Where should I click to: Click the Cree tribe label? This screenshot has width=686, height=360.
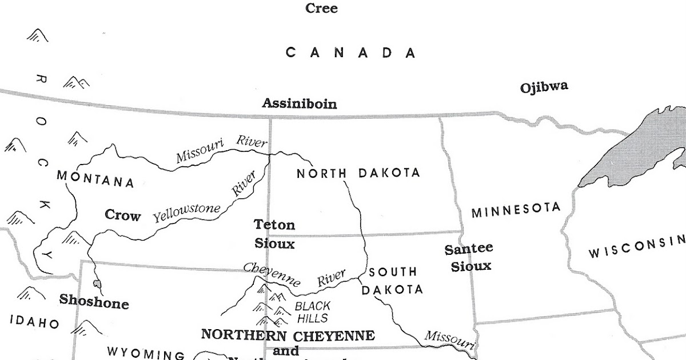(x=321, y=9)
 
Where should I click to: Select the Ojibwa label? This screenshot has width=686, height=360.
(x=544, y=87)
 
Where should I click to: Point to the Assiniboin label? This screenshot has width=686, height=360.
(x=299, y=104)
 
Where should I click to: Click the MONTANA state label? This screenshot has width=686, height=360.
(x=95, y=179)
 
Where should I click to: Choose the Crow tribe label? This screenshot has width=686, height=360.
(x=122, y=215)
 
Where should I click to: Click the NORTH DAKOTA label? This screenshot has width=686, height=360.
(x=358, y=173)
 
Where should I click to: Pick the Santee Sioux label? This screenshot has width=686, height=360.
(x=468, y=257)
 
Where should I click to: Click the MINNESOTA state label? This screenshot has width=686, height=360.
(x=515, y=210)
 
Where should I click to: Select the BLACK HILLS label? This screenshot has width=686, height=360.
(x=312, y=312)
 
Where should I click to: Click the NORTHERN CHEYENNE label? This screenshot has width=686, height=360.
(x=288, y=335)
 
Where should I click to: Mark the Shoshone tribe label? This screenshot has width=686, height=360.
(x=94, y=301)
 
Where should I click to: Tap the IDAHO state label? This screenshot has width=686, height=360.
(x=34, y=322)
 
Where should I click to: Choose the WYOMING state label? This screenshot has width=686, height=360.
(x=146, y=353)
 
